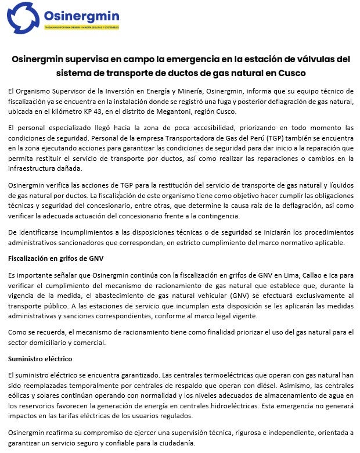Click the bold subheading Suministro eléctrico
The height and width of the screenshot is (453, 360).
(39, 358)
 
